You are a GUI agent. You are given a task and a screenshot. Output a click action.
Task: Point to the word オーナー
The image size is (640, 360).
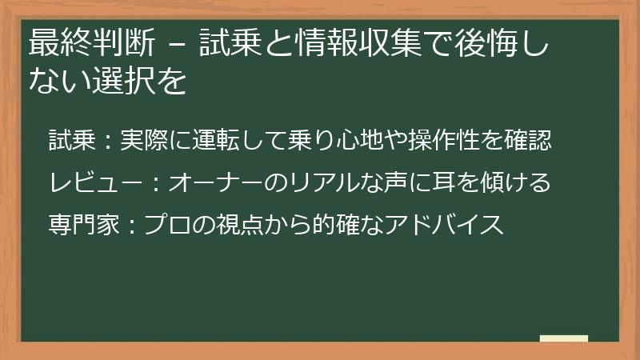214,183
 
